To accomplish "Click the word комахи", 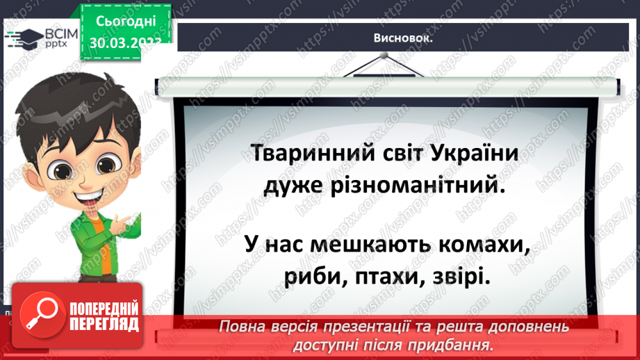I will [x=480, y=244].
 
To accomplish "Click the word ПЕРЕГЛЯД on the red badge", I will [x=102, y=324].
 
